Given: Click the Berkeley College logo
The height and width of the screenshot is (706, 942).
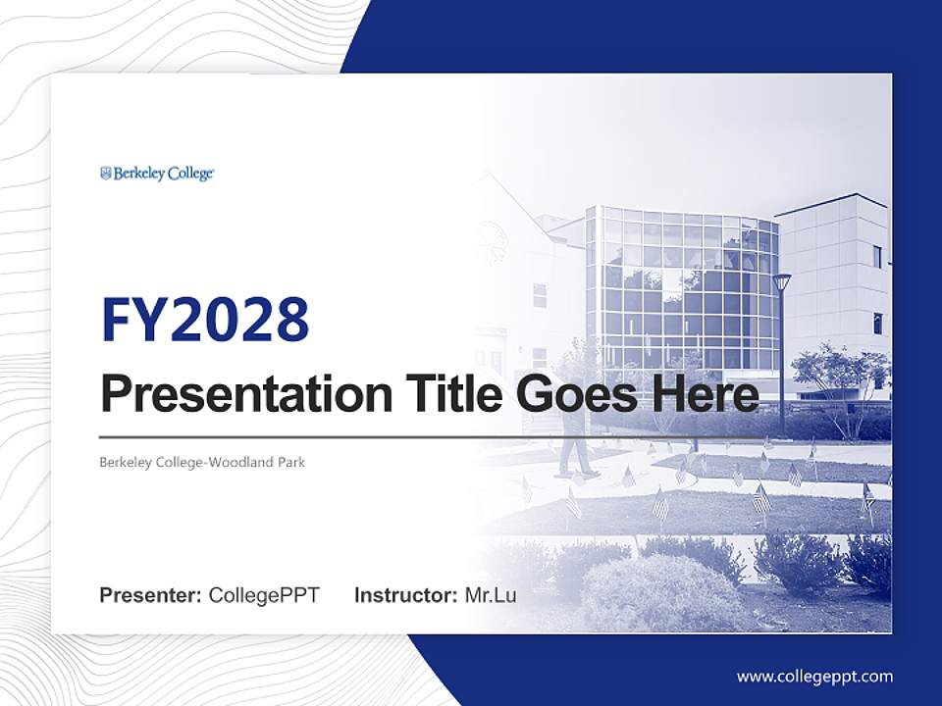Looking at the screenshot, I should click(157, 174).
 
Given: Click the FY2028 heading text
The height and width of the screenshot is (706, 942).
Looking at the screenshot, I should click(205, 321).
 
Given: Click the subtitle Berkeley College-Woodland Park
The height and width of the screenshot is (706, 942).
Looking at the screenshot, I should click(202, 462).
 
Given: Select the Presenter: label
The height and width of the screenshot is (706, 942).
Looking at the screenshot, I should click(151, 595).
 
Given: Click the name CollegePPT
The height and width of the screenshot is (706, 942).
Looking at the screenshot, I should click(264, 595).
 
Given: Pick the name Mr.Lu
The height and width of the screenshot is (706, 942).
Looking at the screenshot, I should click(490, 595).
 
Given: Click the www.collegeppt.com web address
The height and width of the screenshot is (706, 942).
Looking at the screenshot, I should click(814, 677).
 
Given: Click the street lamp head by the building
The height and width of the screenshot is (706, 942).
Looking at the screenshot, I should click(781, 282).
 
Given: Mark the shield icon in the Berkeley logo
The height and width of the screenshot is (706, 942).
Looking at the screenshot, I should click(106, 174).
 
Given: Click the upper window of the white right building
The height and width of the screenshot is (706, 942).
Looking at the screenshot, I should click(876, 256).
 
